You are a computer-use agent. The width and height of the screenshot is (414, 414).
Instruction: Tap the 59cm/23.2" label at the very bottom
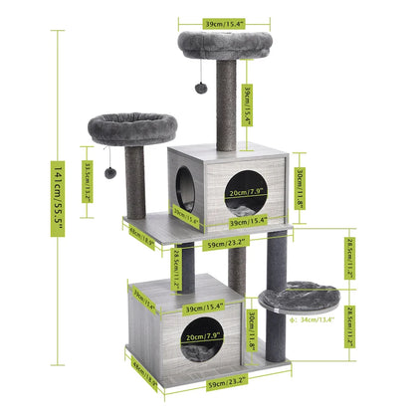[226, 380]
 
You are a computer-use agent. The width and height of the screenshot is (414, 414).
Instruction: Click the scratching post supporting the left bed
[136, 179]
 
